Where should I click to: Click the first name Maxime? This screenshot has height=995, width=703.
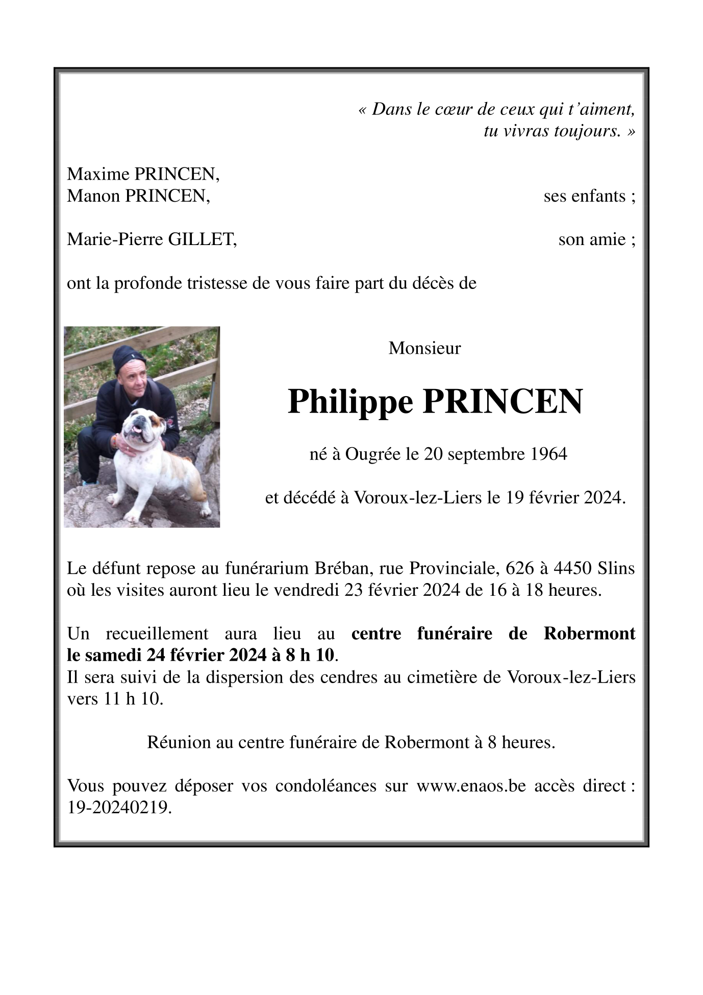click(98, 175)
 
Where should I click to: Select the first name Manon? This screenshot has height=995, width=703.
click(94, 196)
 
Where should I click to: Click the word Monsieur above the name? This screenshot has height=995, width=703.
click(424, 348)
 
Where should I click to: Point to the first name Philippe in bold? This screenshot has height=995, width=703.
click(350, 402)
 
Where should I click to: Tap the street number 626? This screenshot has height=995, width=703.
click(520, 568)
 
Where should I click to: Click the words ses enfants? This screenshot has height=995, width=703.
click(589, 196)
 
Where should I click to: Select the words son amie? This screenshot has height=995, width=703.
click(596, 239)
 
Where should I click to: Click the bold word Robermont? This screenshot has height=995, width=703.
click(589, 634)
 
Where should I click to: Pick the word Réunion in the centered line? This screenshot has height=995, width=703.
click(179, 742)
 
